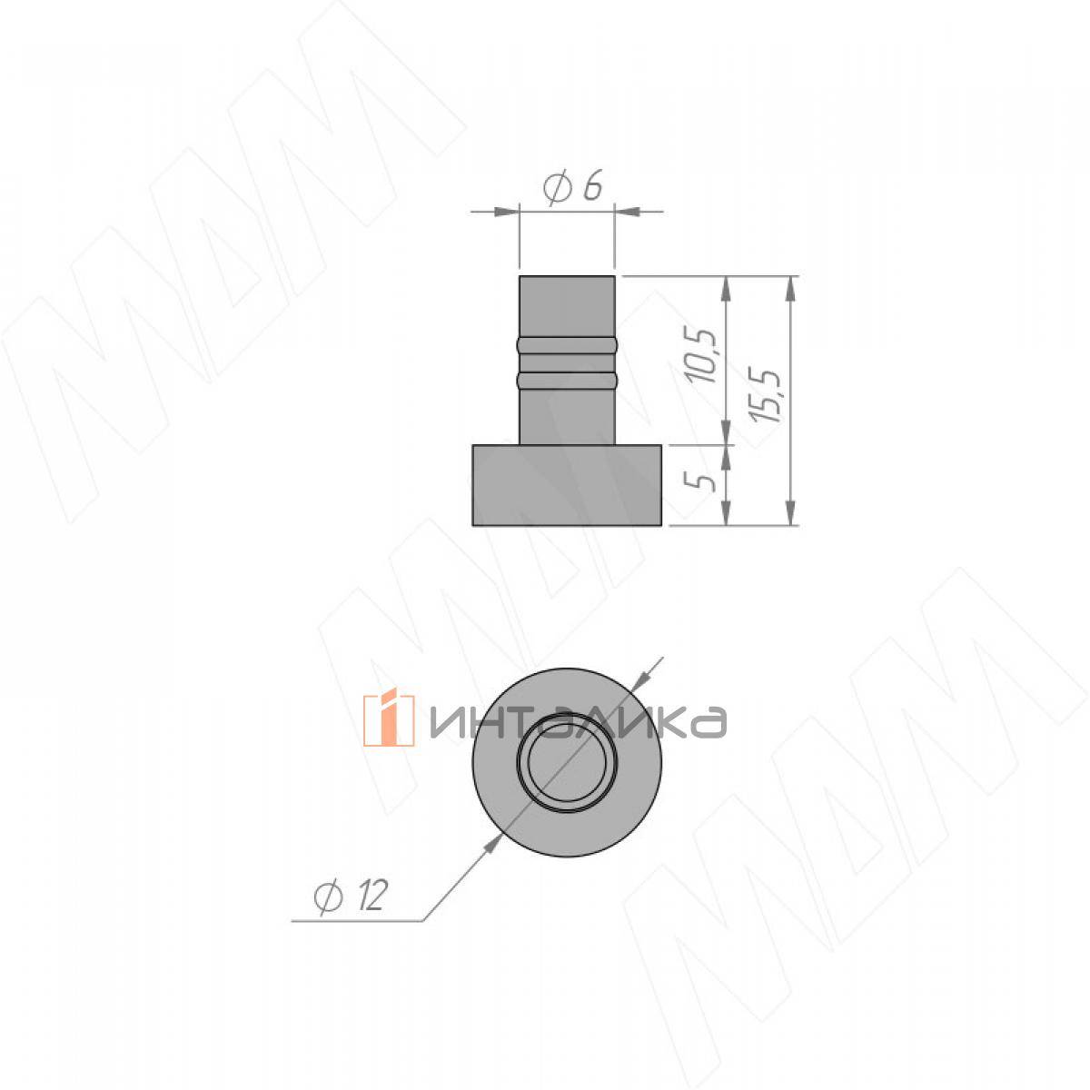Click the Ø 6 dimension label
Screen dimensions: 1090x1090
pyautogui.click(x=572, y=186)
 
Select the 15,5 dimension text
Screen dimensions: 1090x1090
pyautogui.click(x=766, y=395)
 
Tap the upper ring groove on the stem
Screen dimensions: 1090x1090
pyautogui.click(x=567, y=345)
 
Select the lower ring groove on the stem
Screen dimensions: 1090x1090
pyautogui.click(x=567, y=380)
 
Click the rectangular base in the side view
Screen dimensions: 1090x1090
pyautogui.click(x=567, y=485)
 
